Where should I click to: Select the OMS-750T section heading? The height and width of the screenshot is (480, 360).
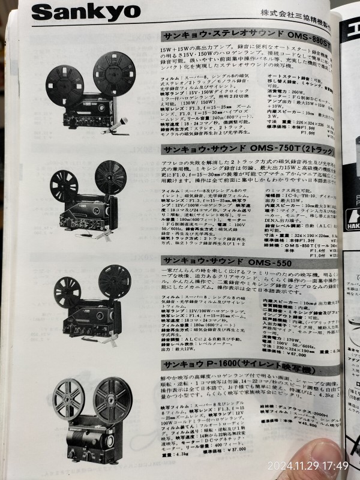click(x=246, y=149)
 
